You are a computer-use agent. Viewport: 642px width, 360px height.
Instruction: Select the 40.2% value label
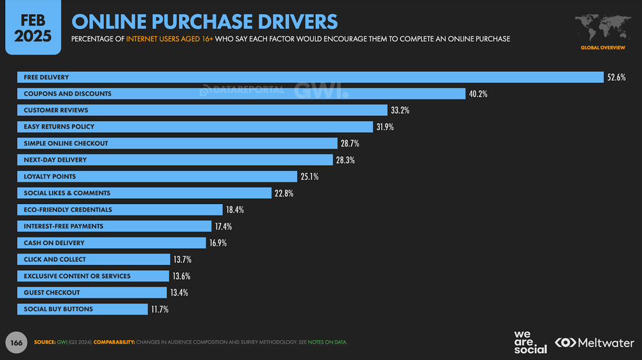tap(478, 94)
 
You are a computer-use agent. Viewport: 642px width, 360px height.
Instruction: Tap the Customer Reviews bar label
tap(56, 110)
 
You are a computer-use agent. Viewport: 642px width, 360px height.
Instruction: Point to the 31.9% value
tap(385, 127)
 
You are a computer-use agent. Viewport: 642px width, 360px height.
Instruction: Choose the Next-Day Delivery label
tap(55, 160)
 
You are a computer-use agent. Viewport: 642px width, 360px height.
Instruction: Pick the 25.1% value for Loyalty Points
tap(309, 176)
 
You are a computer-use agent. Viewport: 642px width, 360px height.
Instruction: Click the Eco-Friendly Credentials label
tap(68, 210)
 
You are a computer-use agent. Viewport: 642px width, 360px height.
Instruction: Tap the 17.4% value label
tap(223, 227)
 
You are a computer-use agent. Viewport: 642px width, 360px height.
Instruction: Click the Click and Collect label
tap(55, 259)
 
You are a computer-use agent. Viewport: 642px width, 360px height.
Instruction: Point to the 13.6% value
tap(181, 276)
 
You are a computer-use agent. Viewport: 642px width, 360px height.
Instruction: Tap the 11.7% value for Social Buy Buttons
tap(160, 309)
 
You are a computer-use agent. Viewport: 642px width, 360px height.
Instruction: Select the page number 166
tap(16, 343)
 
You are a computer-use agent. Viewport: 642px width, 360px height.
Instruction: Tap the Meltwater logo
tap(594, 343)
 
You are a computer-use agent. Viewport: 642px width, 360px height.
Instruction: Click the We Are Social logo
tap(530, 343)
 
